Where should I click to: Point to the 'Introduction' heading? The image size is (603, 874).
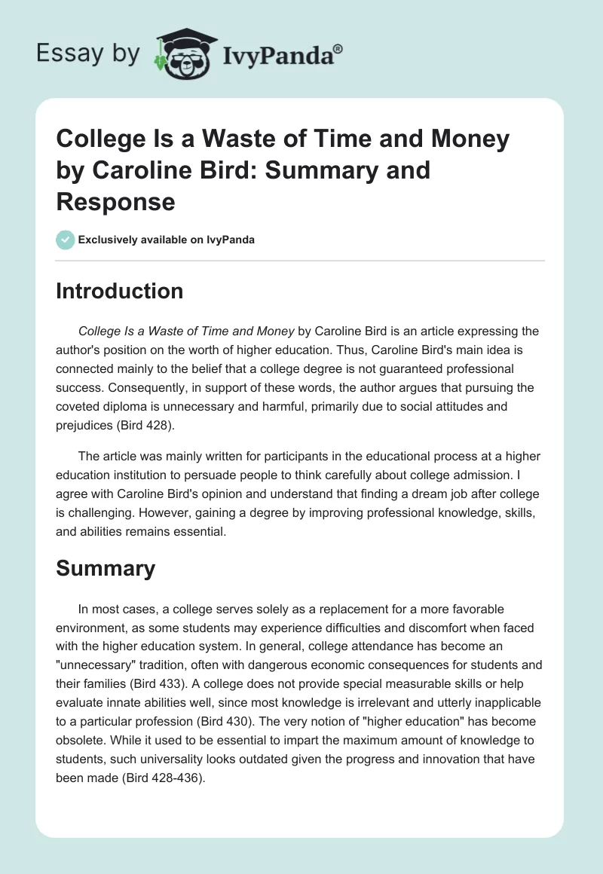pos(119,291)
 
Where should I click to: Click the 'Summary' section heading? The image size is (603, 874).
pos(106,569)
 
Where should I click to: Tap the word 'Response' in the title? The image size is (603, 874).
pos(115,202)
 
